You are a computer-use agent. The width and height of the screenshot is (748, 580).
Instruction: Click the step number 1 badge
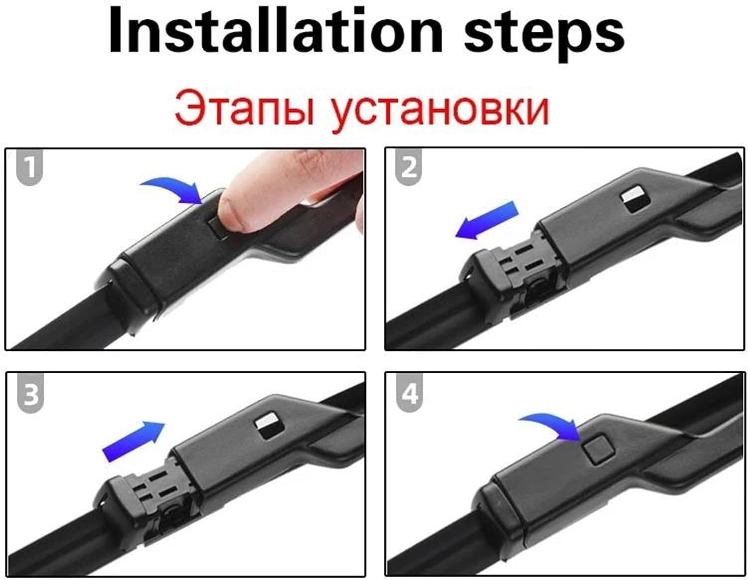pyautogui.click(x=29, y=168)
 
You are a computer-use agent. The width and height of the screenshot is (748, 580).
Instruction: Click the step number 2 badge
pyautogui.click(x=408, y=168)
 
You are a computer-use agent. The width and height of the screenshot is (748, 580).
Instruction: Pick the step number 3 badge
pyautogui.click(x=30, y=394)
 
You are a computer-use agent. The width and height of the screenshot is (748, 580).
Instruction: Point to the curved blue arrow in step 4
pyautogui.click(x=551, y=427)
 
